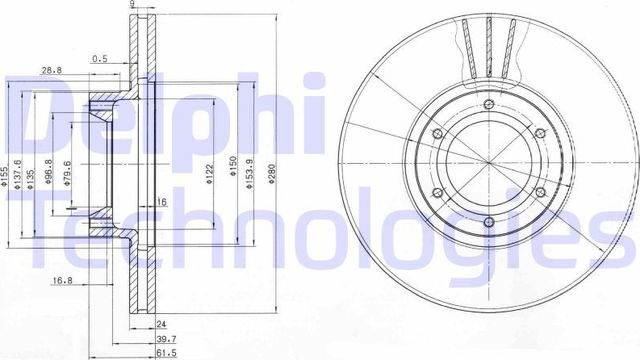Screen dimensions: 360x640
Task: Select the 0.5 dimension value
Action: pyautogui.click(x=99, y=58)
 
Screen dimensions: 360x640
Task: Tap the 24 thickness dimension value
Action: pyautogui.click(x=161, y=324)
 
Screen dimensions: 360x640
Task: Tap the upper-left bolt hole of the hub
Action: pyautogui.click(x=438, y=140)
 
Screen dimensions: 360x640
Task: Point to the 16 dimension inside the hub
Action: pyautogui.click(x=160, y=203)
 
